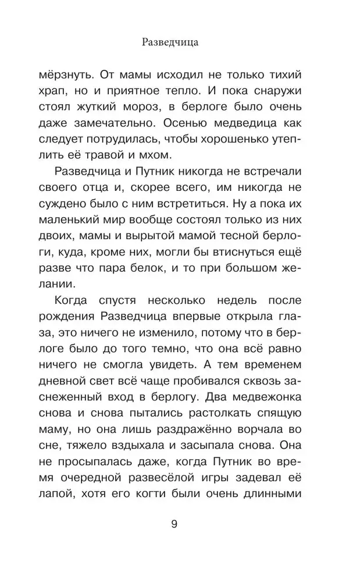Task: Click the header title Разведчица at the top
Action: (180, 43)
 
